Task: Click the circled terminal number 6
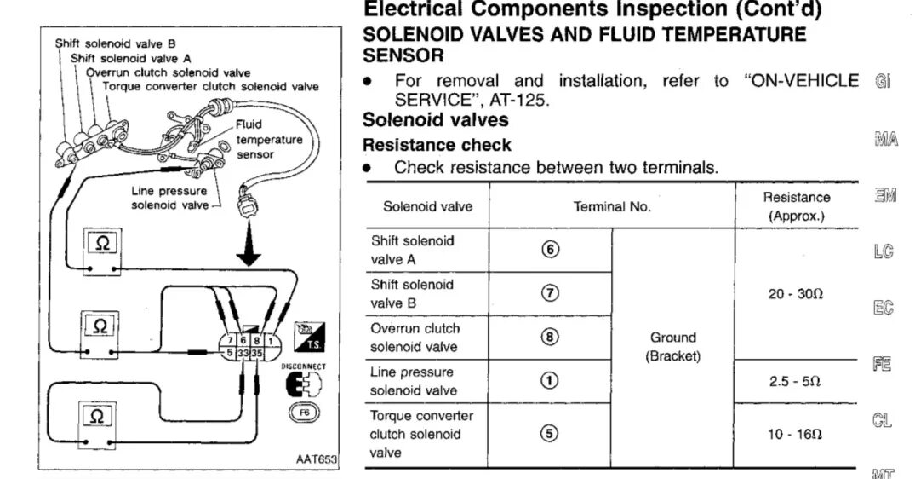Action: click(x=550, y=250)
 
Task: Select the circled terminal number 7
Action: click(x=550, y=293)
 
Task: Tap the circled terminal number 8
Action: click(x=550, y=337)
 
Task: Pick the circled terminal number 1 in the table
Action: click(x=550, y=381)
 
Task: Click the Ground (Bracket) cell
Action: click(x=672, y=346)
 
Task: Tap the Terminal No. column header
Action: click(x=611, y=206)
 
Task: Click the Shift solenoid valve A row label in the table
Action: click(x=413, y=250)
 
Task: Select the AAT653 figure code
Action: click(x=315, y=459)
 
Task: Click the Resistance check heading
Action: click(x=437, y=145)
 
